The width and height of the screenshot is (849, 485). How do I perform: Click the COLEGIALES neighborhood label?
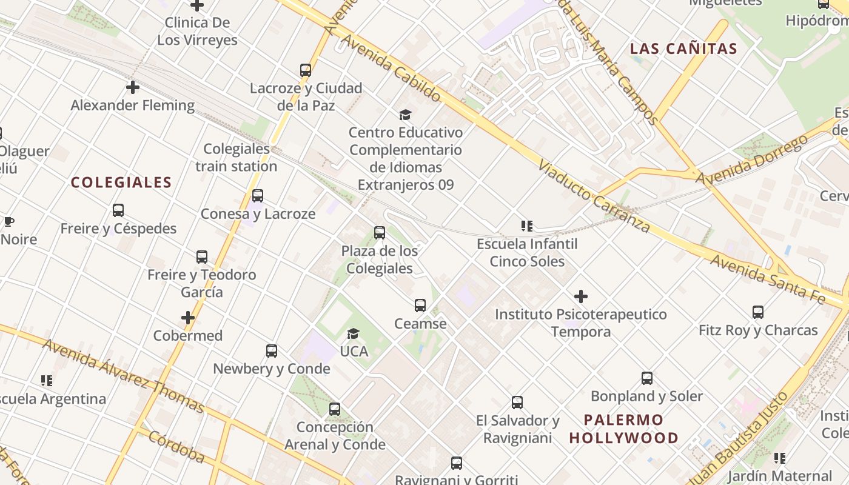coord(121,182)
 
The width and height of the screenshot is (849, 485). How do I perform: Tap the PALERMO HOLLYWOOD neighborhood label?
coord(624,429)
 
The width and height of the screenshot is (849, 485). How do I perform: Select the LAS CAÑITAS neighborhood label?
coord(683,49)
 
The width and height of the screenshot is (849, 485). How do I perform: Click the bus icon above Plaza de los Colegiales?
coord(380,233)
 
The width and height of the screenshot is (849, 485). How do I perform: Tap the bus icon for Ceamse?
coord(420,306)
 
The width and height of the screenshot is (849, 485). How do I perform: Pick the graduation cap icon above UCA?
coord(353,333)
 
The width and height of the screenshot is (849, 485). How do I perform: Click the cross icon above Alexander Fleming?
coord(133,87)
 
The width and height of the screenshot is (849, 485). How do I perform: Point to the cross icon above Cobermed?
coord(188,318)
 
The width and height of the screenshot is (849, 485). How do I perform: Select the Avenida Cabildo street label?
coord(391,67)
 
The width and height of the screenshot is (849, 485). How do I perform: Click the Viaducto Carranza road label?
coord(594,197)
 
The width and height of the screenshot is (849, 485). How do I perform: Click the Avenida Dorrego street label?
coord(751,159)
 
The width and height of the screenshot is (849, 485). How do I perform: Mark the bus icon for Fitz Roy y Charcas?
coord(758,312)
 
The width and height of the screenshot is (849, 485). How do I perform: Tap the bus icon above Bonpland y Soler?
coord(647,378)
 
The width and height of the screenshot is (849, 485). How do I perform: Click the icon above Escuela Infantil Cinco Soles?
coord(527,226)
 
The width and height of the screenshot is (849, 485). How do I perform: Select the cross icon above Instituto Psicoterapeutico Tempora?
coord(581,296)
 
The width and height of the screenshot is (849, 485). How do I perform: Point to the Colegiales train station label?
coord(236,158)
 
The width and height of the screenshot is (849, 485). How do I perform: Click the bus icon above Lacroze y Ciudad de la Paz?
coord(306,70)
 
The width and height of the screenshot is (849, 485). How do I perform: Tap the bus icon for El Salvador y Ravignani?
coord(517,403)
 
